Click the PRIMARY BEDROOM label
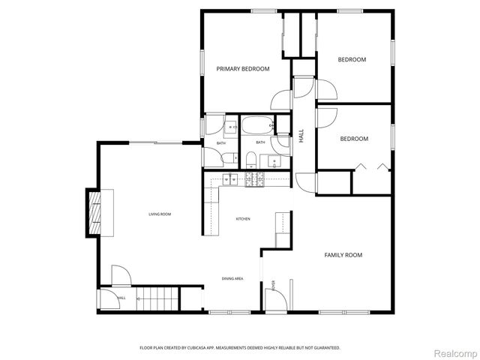242,69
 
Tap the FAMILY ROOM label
343,255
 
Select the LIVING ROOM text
159,214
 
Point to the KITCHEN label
243,218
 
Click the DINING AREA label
232,278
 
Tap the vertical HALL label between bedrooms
301,136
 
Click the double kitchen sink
229,178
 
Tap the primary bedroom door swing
281,100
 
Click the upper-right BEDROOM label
352,59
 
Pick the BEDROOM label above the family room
354,139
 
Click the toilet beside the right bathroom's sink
253,158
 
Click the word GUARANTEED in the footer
325,348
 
